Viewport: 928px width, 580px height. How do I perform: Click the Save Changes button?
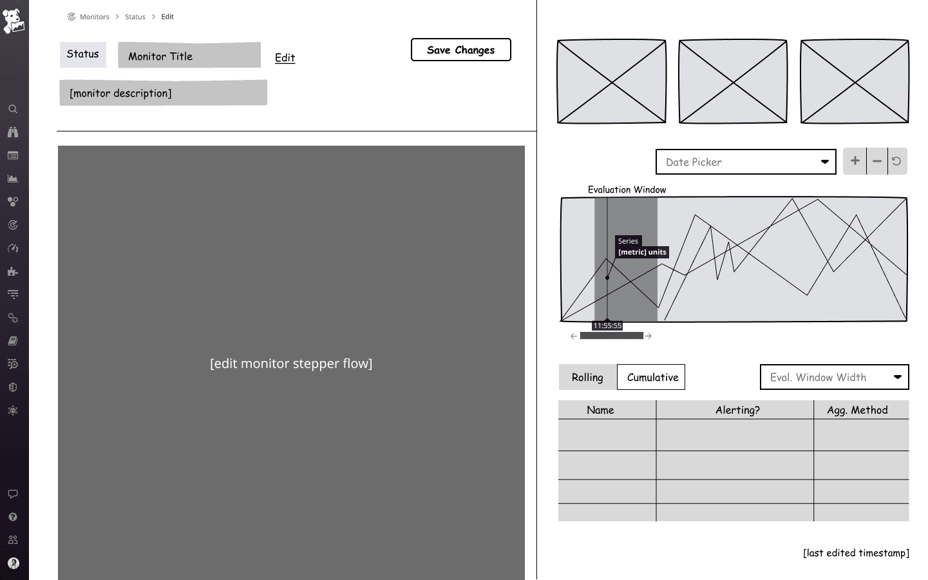(460, 50)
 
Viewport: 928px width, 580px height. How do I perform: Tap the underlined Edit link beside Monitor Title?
(285, 57)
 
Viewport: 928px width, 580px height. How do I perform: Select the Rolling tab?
(587, 377)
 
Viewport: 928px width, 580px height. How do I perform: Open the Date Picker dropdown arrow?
(825, 162)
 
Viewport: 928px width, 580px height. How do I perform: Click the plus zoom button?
(855, 161)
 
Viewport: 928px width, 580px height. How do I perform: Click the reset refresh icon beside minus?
(896, 161)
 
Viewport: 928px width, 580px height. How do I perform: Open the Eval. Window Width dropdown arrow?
(897, 377)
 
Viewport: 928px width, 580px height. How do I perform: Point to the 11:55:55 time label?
(607, 325)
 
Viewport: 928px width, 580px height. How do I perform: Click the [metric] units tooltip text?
(642, 252)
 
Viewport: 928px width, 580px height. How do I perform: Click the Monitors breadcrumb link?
(95, 17)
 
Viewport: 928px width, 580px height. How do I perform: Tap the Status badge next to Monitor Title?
(83, 54)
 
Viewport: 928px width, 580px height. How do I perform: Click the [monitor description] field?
(163, 93)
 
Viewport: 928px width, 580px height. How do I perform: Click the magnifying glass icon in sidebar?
(13, 109)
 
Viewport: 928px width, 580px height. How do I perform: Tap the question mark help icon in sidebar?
(13, 517)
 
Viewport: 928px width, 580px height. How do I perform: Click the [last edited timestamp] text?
(856, 553)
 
